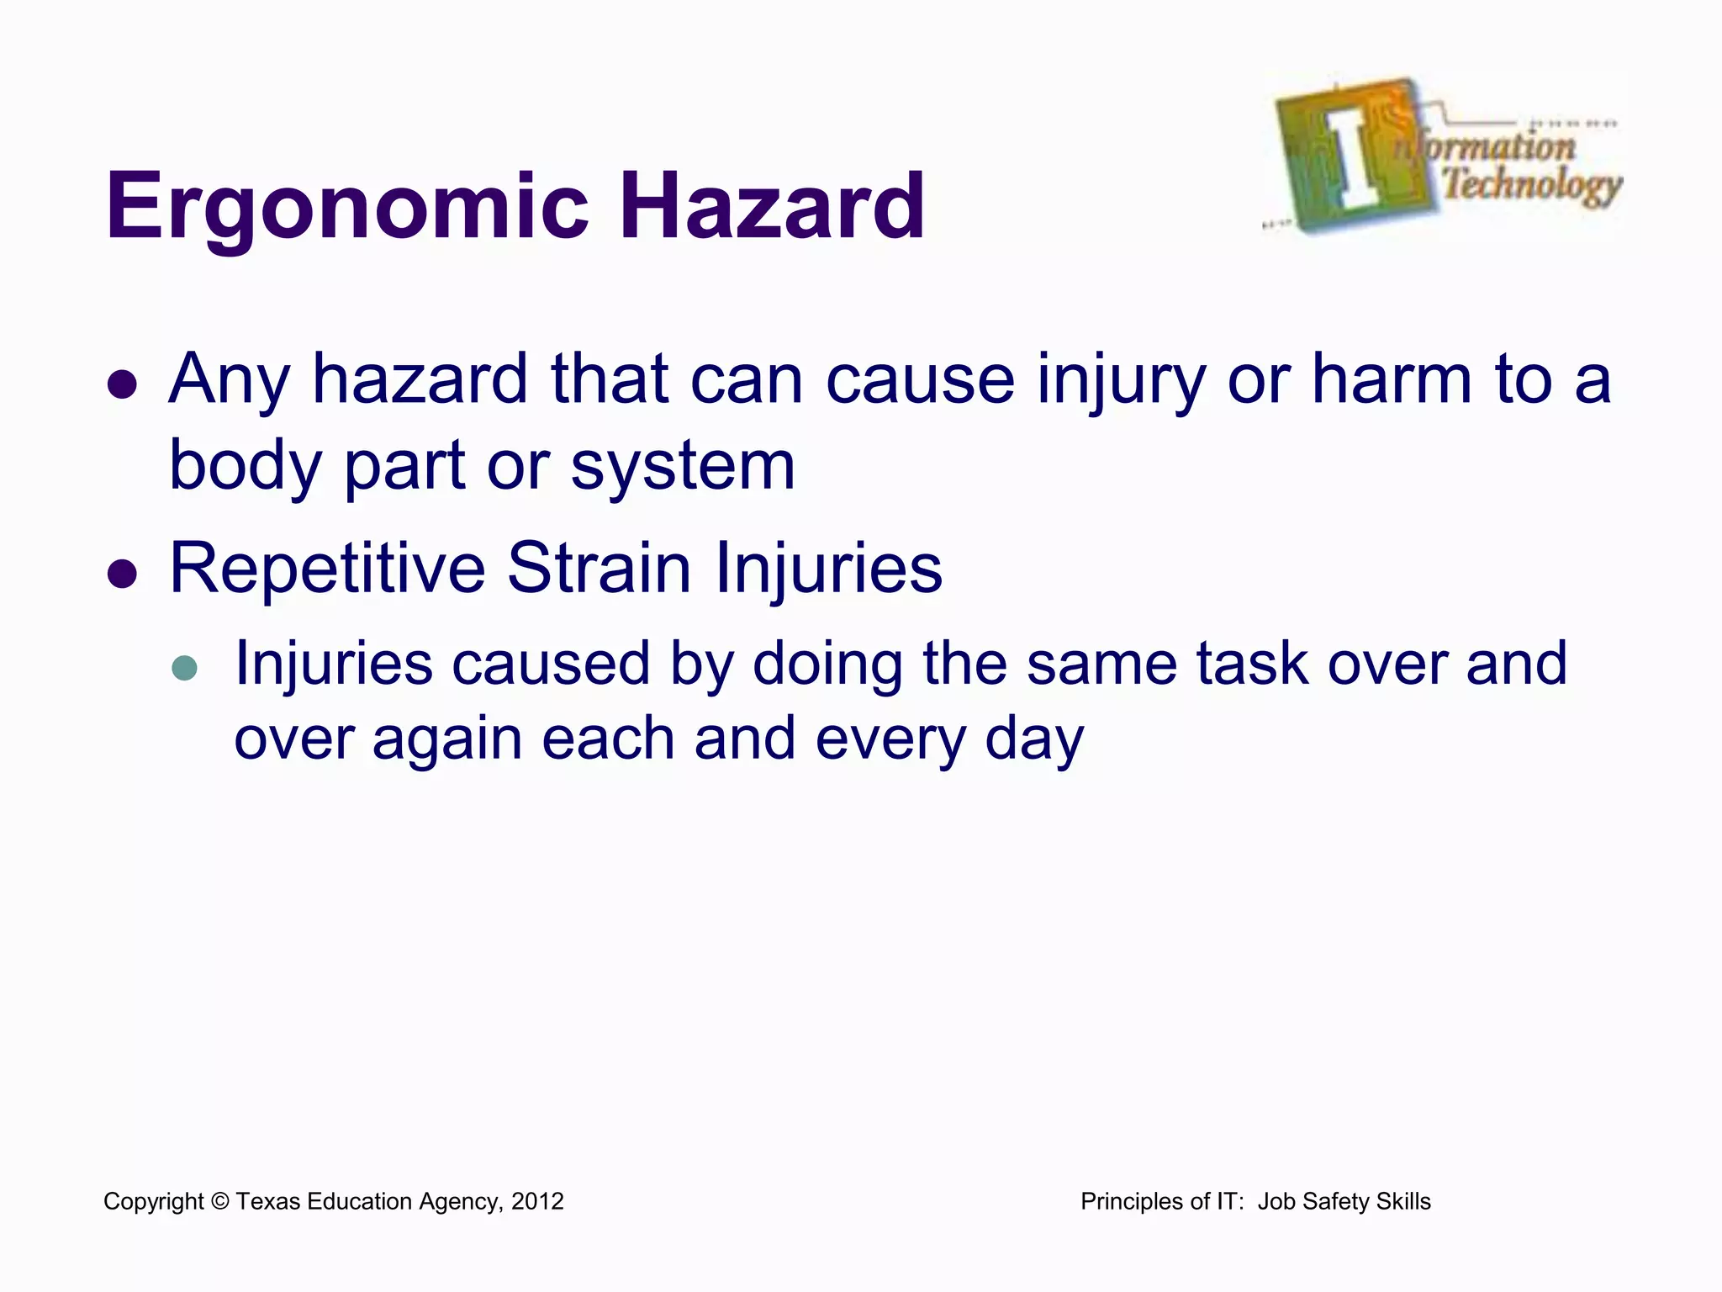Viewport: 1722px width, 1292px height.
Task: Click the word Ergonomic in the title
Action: coord(346,207)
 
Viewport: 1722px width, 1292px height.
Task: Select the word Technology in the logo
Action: coord(1532,183)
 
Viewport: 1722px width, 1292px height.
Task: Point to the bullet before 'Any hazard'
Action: coord(123,384)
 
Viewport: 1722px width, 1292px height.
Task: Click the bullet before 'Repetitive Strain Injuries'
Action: coord(123,574)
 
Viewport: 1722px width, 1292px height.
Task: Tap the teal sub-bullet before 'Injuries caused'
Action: coord(184,668)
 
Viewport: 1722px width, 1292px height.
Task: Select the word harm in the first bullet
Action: coord(1392,379)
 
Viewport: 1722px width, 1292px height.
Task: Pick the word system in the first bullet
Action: coord(683,468)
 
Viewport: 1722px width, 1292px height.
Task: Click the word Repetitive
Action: coord(327,569)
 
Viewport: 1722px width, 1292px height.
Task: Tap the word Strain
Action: coord(599,569)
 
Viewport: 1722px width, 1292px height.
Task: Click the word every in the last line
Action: coord(890,740)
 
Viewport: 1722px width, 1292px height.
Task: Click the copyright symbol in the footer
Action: coord(219,1201)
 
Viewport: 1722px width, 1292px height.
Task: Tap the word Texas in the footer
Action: coord(267,1201)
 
